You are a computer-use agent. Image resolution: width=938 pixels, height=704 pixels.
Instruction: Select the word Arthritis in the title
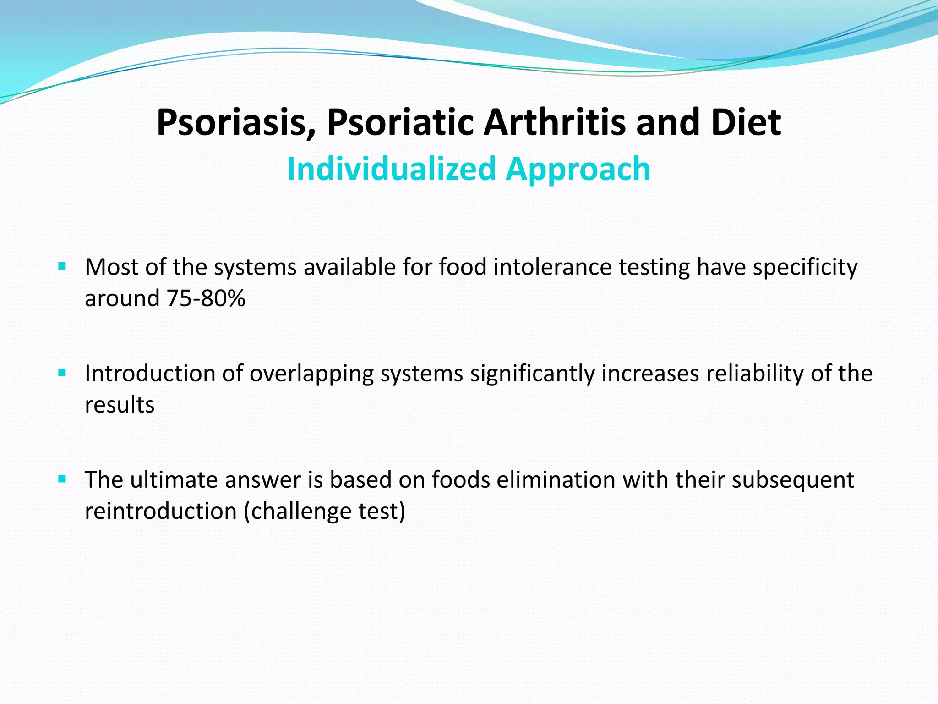(554, 123)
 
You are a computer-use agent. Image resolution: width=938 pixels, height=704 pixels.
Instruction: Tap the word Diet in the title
(746, 123)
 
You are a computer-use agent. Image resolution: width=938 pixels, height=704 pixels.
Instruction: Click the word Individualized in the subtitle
(392, 169)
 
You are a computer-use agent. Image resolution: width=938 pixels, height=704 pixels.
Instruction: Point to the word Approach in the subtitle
(578, 169)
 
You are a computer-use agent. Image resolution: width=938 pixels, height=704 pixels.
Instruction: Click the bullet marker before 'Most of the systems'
(63, 266)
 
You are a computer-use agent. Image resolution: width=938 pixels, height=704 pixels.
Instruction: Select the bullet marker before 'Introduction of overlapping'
(63, 373)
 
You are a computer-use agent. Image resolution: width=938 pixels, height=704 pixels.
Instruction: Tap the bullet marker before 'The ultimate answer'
(63, 479)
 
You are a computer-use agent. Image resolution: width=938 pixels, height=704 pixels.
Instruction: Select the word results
(120, 405)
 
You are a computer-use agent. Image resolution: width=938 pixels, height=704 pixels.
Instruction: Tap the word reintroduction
(161, 511)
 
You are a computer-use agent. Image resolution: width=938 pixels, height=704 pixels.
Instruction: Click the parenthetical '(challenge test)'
(325, 511)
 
